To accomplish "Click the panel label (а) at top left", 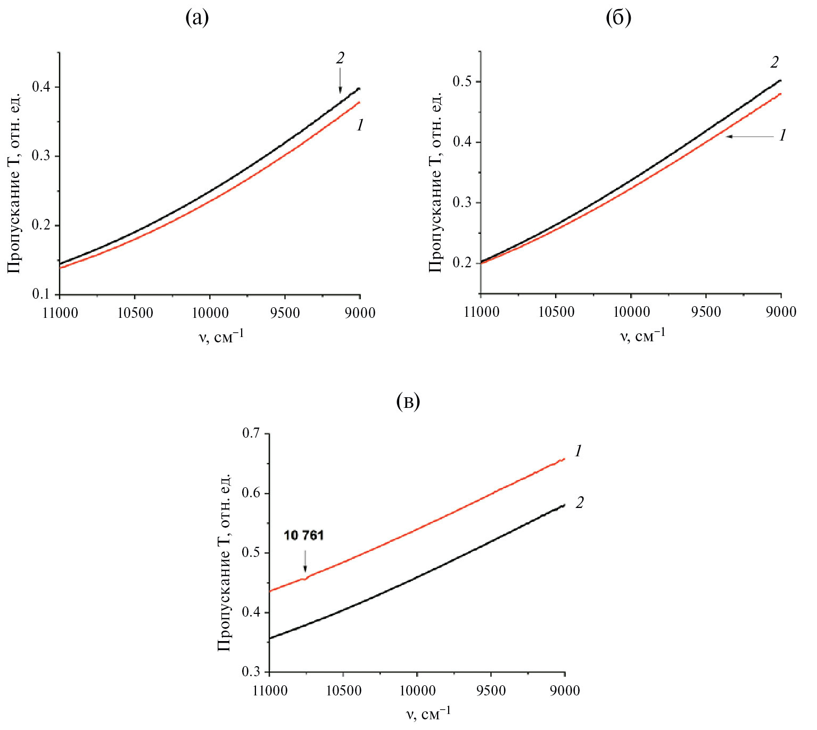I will (197, 18).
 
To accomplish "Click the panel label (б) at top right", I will (618, 18).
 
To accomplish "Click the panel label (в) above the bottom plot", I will (408, 401).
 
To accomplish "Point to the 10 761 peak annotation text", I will (304, 535).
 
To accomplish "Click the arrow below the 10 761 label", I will (305, 561).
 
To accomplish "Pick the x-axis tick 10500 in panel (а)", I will (135, 313).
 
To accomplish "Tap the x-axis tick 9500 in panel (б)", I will (706, 311).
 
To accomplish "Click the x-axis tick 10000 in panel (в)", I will (417, 691).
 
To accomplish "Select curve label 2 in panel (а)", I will (340, 58).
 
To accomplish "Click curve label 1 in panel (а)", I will (360, 125).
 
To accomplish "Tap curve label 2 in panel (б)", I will (774, 62).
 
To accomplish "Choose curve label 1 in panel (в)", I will (579, 451).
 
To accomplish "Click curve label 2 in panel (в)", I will (580, 502).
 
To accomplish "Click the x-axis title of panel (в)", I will (428, 713).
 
